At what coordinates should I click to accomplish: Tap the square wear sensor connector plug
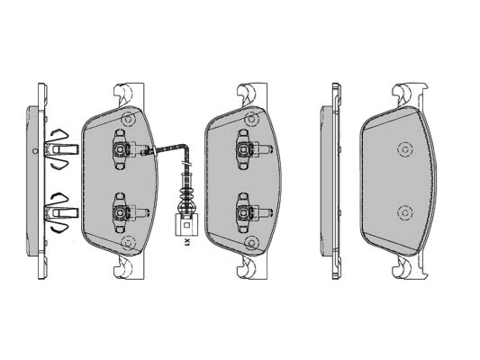coord(186,225)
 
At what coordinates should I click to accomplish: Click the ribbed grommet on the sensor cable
coord(186,197)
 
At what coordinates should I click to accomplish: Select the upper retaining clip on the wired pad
coord(124,149)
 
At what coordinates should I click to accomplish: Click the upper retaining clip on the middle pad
coord(248,149)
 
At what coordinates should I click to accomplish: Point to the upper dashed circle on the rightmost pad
coord(405,150)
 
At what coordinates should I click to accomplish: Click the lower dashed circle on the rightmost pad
coord(405,212)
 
